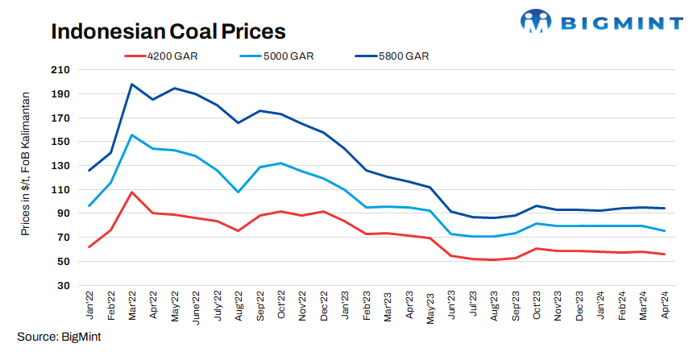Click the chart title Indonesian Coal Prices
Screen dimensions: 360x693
tap(168, 31)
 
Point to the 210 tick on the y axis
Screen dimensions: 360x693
tap(60, 70)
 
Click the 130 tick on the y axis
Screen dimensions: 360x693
tap(60, 166)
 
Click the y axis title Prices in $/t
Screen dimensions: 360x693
tap(27, 165)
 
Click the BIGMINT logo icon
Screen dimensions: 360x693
tap(534, 21)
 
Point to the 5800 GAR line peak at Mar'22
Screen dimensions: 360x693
tap(132, 84)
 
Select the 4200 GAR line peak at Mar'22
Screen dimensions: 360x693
tap(132, 192)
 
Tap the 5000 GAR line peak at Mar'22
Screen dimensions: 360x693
tap(132, 134)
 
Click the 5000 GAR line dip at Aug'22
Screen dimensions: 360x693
tap(239, 192)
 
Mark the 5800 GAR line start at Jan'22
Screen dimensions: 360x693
tap(89, 170)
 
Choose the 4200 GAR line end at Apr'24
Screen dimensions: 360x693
tap(664, 254)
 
